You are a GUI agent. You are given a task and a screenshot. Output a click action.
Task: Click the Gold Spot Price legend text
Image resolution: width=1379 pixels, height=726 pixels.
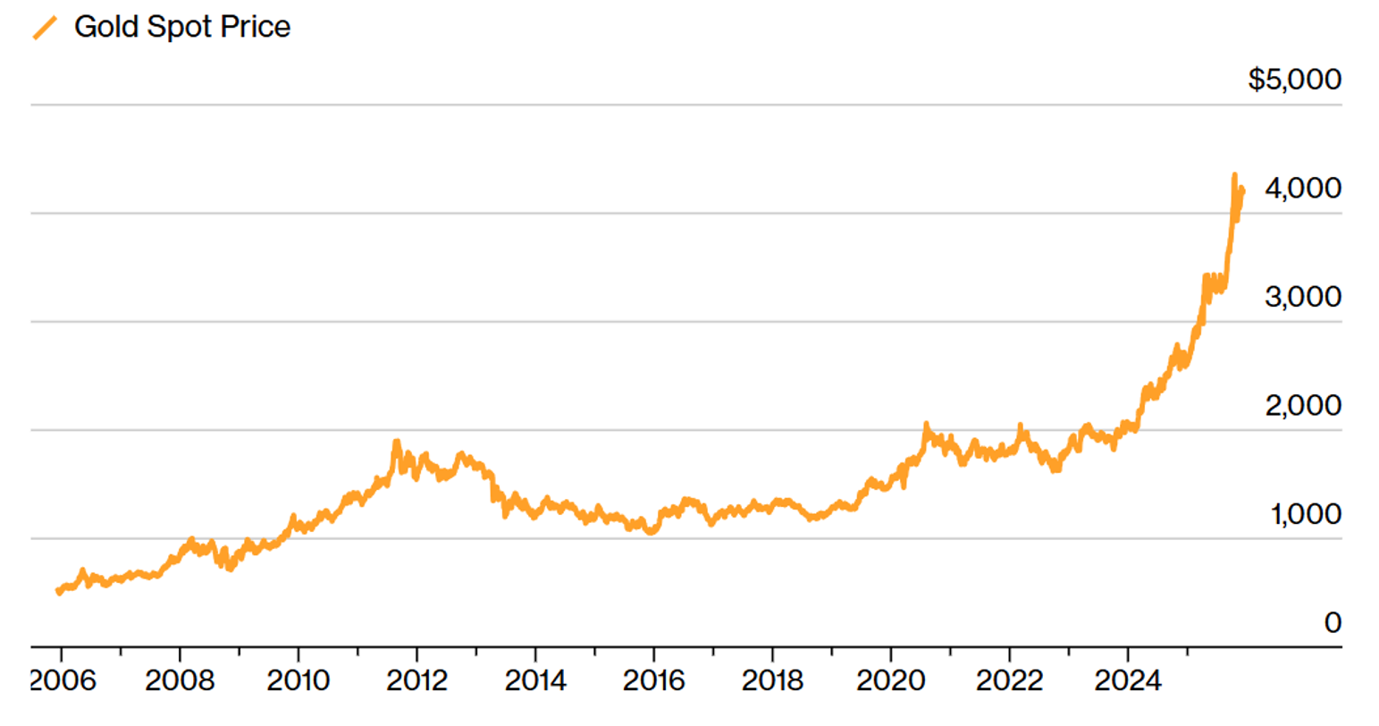pyautogui.click(x=182, y=27)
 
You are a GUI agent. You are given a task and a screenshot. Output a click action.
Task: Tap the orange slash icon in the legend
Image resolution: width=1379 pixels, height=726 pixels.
pyautogui.click(x=45, y=28)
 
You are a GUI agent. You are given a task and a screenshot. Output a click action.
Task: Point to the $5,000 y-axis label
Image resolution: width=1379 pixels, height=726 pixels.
pyautogui.click(x=1294, y=80)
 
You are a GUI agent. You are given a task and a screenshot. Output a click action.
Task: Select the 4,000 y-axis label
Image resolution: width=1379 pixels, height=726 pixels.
pyautogui.click(x=1302, y=189)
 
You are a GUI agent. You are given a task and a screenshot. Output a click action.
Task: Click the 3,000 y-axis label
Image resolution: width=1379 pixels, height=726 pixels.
pyautogui.click(x=1302, y=297)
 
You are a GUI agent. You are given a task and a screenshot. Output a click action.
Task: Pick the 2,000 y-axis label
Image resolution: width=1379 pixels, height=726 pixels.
pyautogui.click(x=1302, y=406)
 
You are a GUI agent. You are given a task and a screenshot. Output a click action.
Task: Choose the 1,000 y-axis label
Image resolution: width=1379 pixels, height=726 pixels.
pyautogui.click(x=1305, y=515)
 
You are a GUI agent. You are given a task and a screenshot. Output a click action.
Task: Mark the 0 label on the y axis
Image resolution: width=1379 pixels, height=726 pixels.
pyautogui.click(x=1332, y=622)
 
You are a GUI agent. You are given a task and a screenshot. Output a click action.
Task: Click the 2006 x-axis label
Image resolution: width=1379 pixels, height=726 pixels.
pyautogui.click(x=63, y=681)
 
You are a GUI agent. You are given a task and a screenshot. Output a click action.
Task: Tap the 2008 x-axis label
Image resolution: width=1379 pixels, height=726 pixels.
pyautogui.click(x=180, y=681)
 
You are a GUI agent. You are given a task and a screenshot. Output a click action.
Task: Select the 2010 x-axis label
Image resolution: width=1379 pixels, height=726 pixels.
pyautogui.click(x=299, y=681)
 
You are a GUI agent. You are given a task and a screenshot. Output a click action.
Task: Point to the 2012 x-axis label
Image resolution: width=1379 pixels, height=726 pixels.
pyautogui.click(x=417, y=681)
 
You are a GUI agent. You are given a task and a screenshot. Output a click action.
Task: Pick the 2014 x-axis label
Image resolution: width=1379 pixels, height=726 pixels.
pyautogui.click(x=535, y=681)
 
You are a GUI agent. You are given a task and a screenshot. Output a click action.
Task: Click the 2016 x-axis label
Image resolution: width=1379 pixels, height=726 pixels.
pyautogui.click(x=653, y=681)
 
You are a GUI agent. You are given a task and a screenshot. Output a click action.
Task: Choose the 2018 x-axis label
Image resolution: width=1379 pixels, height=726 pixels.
pyautogui.click(x=772, y=681)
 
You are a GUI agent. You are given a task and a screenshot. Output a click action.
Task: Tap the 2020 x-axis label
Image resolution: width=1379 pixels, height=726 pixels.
pyautogui.click(x=890, y=681)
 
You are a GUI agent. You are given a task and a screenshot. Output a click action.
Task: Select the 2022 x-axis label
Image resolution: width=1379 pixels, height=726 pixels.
pyautogui.click(x=1009, y=681)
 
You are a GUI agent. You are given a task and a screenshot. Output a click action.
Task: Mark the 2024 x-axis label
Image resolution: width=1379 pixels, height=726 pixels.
pyautogui.click(x=1128, y=681)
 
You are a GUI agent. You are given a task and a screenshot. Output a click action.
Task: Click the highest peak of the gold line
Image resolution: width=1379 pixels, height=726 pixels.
pyautogui.click(x=1234, y=175)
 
